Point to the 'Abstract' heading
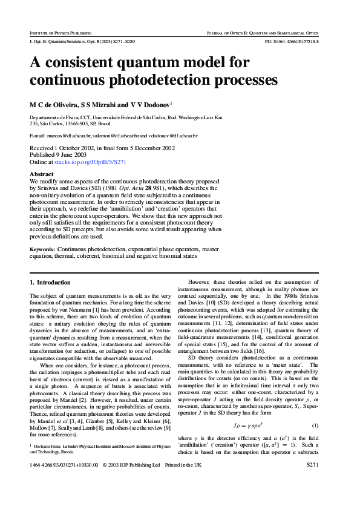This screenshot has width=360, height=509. coord(42,174)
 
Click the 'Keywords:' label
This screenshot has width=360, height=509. coord(42,249)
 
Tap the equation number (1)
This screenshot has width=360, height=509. coord(315,410)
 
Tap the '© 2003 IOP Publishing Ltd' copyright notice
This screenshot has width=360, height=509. coord(131,482)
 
